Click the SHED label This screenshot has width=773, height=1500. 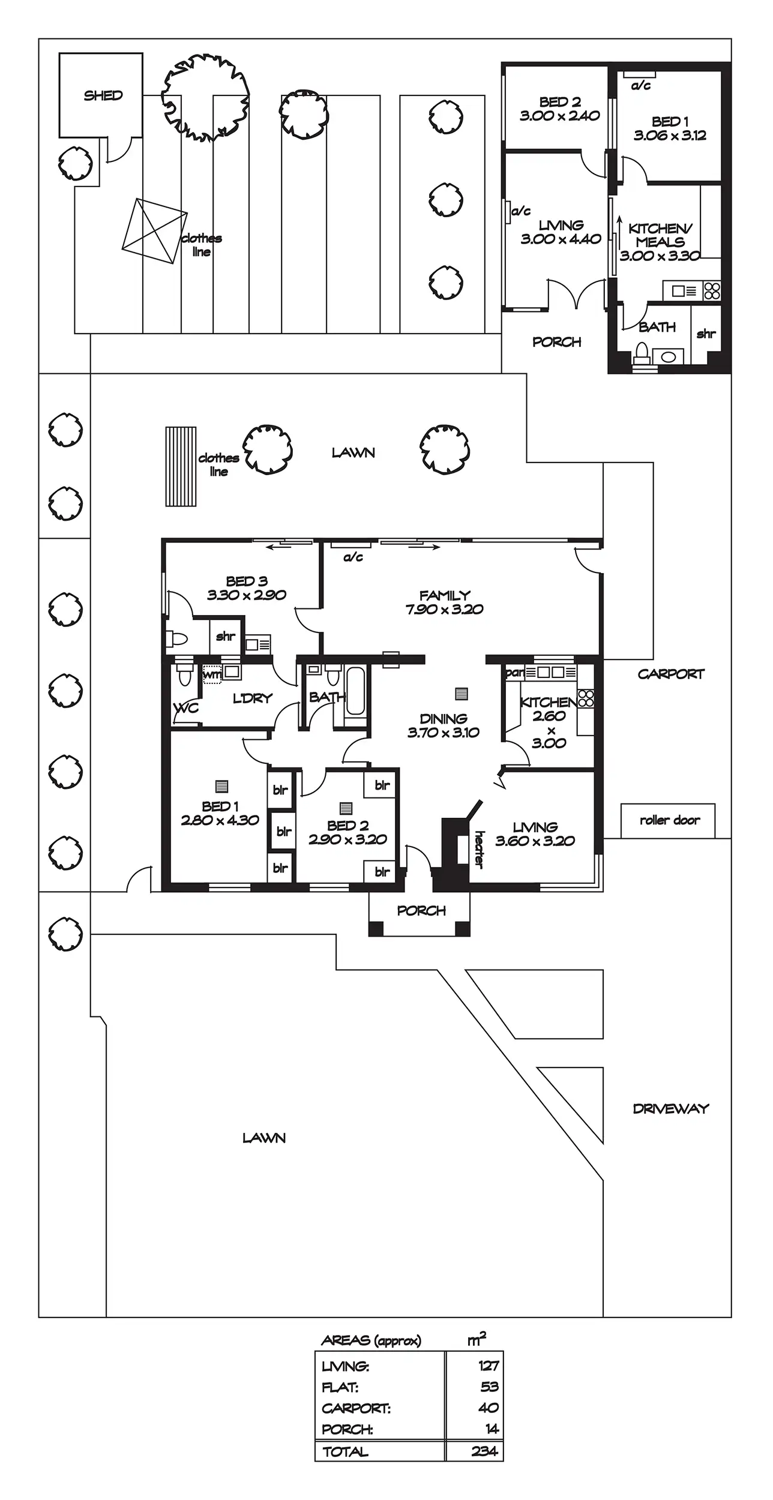pos(103,95)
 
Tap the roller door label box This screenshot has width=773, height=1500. pos(668,820)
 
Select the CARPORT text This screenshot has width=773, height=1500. pos(670,674)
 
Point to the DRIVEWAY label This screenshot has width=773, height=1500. pos(671,1108)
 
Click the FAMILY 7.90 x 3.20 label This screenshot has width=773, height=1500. pos(444,602)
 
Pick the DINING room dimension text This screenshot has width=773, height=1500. pos(444,732)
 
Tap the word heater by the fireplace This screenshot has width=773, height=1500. pos(479,849)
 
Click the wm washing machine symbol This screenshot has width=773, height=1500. pos(212,674)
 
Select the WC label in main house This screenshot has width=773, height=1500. pos(186,708)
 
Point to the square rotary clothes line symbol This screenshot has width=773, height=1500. pos(154,231)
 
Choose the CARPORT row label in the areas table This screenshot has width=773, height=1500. pos(356,1408)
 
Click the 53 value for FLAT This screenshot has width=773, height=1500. pos(490,1387)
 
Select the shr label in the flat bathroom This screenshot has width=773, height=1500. pos(706,334)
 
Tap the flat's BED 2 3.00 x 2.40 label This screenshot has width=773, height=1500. pos(559,109)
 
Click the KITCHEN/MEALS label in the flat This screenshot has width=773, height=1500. pos(660,235)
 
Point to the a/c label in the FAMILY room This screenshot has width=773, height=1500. pos(353,557)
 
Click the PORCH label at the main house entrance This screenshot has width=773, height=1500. pos(421,911)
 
